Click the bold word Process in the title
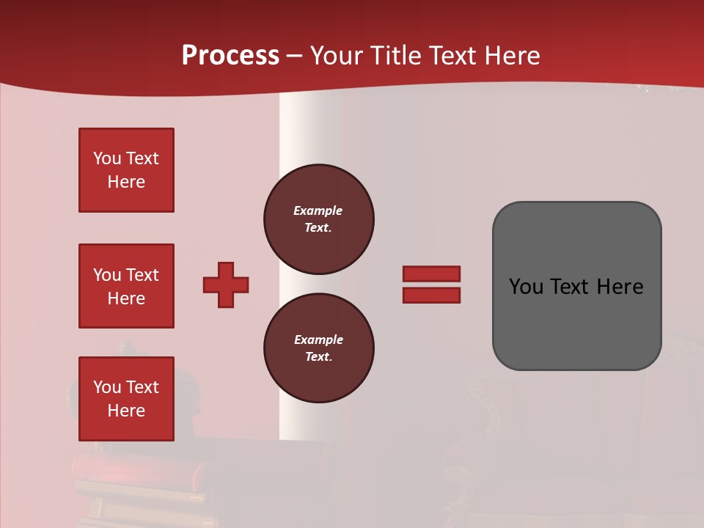click(230, 56)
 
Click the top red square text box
click(126, 170)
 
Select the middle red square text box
click(126, 286)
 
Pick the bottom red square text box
click(126, 399)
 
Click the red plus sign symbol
click(226, 285)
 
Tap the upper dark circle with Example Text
click(318, 219)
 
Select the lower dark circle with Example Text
click(318, 348)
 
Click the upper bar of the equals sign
click(431, 274)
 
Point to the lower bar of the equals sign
click(431, 296)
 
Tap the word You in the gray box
click(526, 287)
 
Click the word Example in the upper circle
click(318, 210)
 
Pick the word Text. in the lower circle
click(318, 357)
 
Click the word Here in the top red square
click(126, 182)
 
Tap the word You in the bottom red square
click(107, 387)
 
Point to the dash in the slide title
click(294, 56)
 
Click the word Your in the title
click(334, 56)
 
